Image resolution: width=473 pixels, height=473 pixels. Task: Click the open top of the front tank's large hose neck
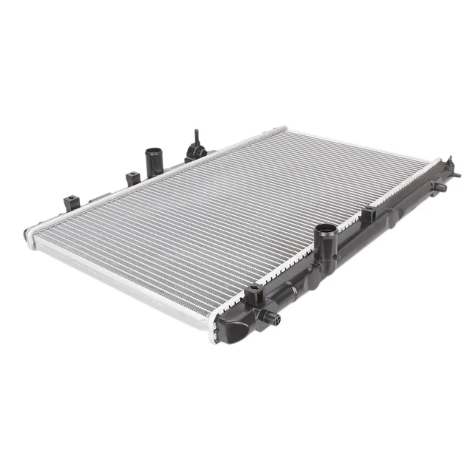click(324, 230)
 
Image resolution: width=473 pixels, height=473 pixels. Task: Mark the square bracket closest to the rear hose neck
click(133, 178)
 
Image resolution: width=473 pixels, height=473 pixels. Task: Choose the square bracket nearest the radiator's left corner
click(72, 201)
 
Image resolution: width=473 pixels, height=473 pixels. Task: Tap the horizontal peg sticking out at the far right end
click(456, 175)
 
